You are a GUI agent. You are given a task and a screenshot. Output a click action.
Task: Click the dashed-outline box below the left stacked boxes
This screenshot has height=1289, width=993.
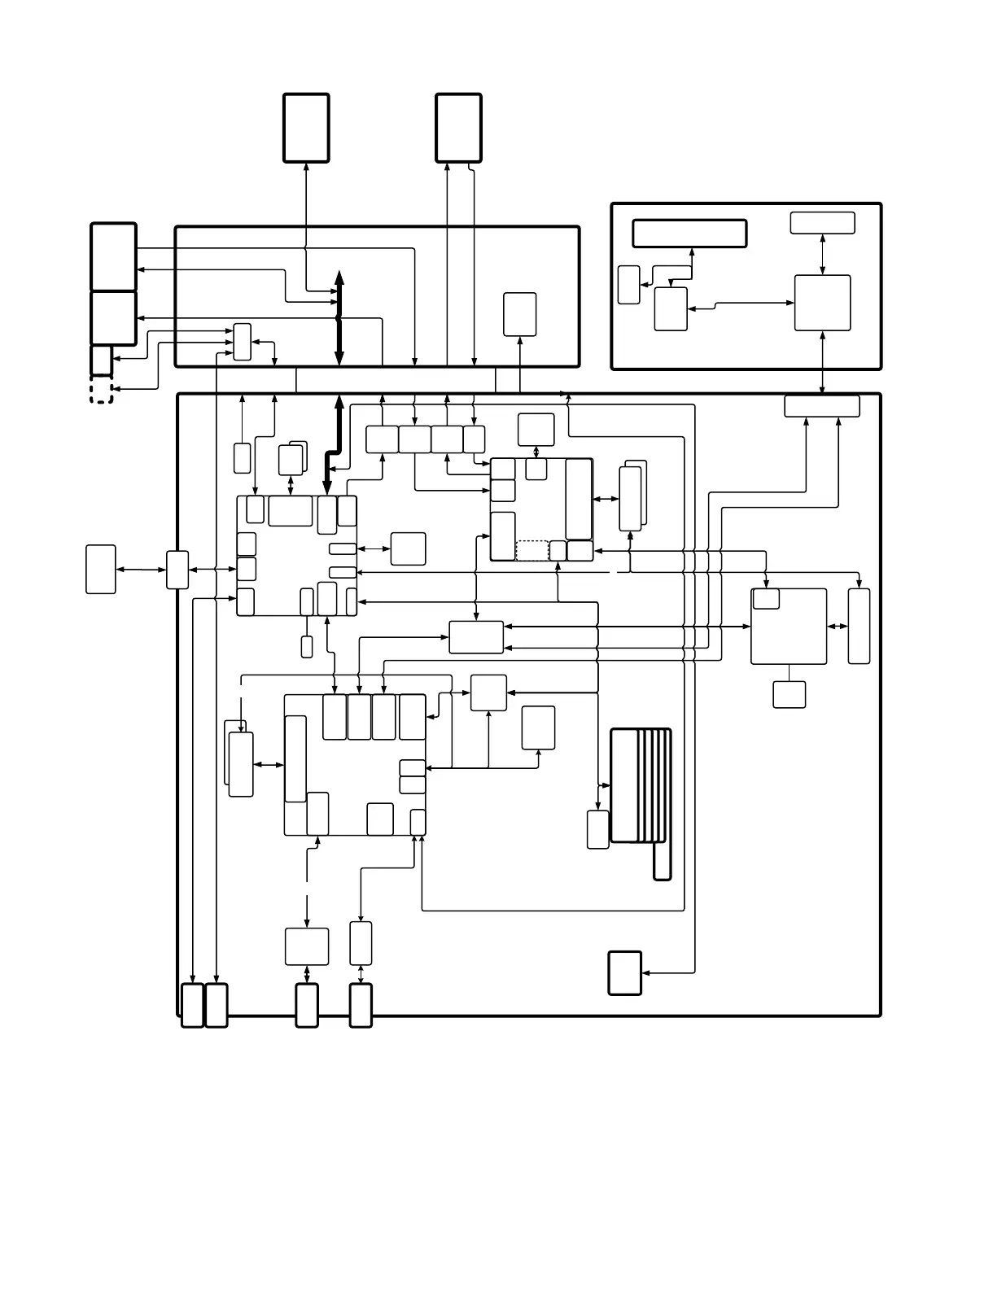101,390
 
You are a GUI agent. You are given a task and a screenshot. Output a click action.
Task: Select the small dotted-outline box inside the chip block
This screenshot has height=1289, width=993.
532,550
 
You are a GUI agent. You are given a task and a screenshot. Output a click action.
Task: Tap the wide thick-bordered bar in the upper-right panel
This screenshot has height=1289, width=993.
689,233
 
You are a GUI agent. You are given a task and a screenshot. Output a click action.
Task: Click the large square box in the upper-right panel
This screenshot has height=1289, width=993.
822,303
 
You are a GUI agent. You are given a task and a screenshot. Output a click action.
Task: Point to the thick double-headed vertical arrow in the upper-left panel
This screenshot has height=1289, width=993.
339,319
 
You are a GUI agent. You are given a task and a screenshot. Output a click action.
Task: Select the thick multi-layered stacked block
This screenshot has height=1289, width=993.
640,785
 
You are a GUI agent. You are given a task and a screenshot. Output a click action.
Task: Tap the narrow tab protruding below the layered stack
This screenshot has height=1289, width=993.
662,861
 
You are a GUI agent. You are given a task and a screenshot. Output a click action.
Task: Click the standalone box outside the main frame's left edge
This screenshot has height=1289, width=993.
101,569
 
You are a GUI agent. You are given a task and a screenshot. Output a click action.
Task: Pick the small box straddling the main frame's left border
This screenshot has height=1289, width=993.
177,570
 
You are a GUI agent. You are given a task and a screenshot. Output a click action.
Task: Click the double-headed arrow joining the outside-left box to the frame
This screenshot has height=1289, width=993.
141,570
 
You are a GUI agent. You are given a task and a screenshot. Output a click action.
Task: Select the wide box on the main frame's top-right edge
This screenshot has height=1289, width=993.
821,405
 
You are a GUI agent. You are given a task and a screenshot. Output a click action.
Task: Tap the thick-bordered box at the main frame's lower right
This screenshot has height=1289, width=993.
624,972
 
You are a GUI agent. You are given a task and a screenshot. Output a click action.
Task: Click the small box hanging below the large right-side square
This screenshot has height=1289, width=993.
789,694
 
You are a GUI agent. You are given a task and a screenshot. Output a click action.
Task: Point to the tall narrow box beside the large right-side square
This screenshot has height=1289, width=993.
859,626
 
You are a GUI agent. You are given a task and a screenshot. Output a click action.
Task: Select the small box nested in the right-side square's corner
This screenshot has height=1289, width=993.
766,598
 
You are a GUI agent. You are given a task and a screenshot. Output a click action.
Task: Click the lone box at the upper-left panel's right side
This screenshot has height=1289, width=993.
519,314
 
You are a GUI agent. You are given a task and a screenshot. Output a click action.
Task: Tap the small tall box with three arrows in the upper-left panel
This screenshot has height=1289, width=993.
242,342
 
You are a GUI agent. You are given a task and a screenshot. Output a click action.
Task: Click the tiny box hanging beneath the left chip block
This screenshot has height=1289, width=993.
307,647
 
